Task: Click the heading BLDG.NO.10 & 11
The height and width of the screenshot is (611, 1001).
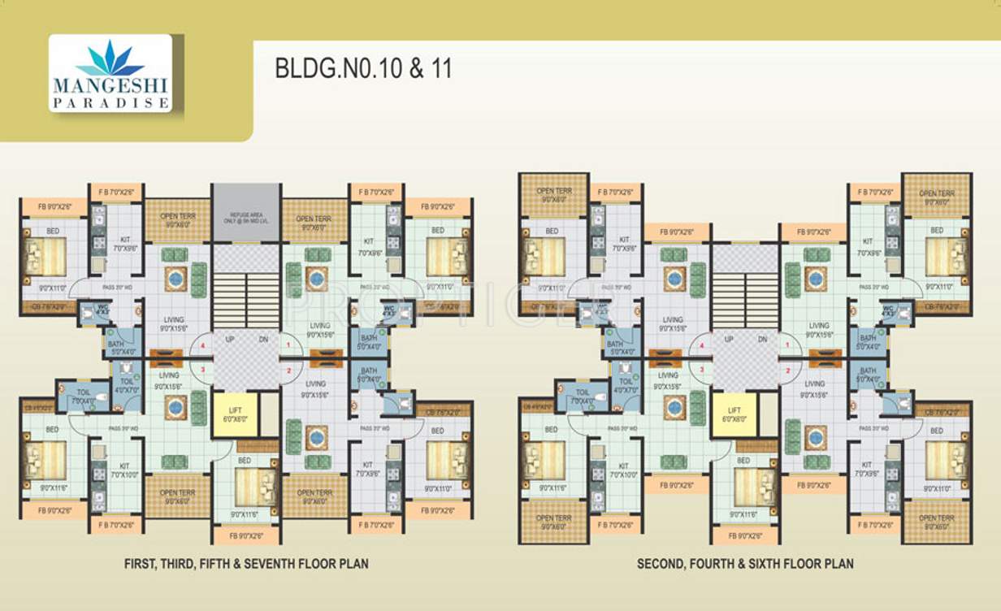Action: coord(362,68)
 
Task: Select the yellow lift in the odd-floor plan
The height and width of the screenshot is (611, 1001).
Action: coord(234,415)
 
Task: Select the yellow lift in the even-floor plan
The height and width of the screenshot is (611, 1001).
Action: coord(734,415)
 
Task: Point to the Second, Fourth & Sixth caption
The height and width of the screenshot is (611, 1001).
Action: coord(745,562)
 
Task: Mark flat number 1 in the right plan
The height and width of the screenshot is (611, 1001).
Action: coord(788,346)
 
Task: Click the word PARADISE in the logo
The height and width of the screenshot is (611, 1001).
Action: coord(110,103)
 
